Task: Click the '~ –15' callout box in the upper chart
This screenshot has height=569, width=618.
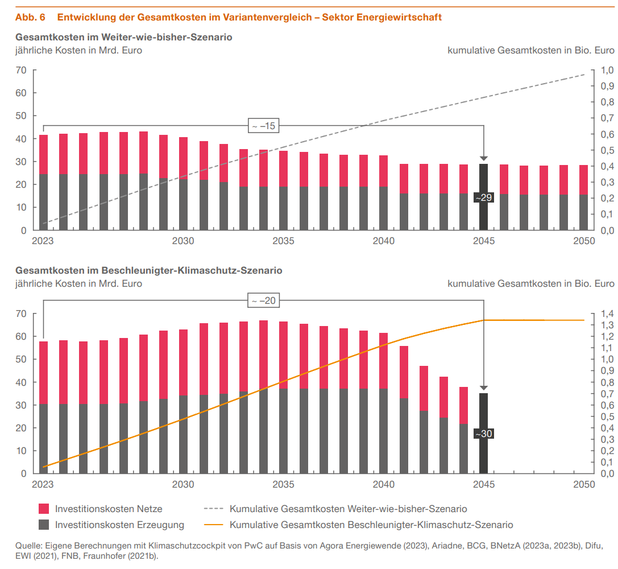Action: coord(264,126)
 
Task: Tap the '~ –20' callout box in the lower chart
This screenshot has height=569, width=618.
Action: coord(264,300)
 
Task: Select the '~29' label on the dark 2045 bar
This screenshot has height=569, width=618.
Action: coord(483,197)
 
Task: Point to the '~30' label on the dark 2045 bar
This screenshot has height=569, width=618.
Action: coord(483,434)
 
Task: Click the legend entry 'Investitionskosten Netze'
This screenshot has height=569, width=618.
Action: coord(108,509)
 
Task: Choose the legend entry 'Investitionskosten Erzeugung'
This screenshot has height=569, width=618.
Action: coord(119,525)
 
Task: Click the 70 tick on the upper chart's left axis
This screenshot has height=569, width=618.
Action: coord(22,71)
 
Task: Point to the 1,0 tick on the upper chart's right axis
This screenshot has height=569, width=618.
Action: coord(607,71)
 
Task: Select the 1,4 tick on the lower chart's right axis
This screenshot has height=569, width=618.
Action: coord(607,314)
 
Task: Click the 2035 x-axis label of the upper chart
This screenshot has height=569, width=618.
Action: coord(283,241)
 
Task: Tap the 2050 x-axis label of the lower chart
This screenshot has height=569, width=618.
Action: coord(584,484)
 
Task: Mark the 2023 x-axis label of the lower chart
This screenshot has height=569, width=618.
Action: coord(43,484)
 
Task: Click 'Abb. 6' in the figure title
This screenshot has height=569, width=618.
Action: coord(30,17)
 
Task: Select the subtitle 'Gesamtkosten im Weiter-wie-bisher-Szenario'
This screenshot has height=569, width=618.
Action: coord(124,37)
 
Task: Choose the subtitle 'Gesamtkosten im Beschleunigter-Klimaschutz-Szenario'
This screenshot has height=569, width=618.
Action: coord(149,270)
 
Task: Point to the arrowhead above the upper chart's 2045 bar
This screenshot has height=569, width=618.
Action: coord(484,158)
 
